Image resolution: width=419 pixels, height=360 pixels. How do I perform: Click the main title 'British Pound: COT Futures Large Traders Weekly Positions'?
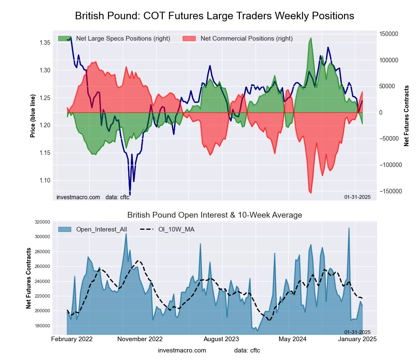215,16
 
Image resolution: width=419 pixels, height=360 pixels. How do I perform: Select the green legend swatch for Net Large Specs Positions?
65,39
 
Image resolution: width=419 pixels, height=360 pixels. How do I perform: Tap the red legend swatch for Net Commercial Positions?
189,39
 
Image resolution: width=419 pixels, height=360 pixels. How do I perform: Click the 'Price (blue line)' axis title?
33,116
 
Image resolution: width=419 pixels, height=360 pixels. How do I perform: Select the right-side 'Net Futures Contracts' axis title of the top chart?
406,116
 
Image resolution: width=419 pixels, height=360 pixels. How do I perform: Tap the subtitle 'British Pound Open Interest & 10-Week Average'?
215,215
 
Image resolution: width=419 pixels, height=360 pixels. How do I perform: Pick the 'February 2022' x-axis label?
72,339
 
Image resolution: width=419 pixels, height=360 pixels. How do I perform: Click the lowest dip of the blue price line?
130,195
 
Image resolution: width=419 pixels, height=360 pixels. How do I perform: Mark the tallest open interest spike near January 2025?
349,228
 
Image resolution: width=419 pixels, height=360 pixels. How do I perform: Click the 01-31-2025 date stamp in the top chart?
357,197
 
